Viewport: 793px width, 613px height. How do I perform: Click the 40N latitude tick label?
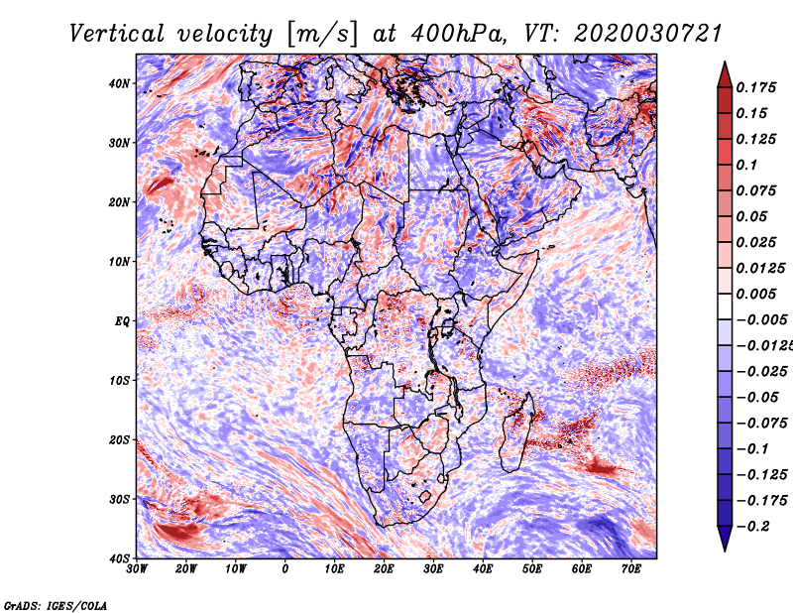point(119,83)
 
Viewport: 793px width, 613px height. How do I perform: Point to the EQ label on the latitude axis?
point(122,321)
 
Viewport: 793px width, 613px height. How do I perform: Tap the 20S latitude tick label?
point(119,439)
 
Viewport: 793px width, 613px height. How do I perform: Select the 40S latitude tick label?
point(119,558)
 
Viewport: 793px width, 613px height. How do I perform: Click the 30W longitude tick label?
point(137,569)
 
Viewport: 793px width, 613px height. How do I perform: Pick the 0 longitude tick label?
point(285,569)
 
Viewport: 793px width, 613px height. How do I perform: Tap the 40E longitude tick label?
point(483,569)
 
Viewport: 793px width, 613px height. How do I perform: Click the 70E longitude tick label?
point(631,569)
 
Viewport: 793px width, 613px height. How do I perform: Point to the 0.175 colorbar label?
point(755,87)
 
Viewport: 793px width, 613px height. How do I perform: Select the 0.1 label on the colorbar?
point(746,165)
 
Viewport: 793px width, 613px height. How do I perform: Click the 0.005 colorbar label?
point(755,294)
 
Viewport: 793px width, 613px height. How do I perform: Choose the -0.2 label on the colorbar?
point(752,527)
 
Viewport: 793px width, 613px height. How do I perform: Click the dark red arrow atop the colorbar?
point(725,75)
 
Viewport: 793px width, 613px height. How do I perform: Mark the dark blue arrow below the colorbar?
point(725,539)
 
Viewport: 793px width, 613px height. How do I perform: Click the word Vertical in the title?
point(116,35)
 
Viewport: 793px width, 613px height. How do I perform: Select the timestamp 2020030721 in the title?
point(647,35)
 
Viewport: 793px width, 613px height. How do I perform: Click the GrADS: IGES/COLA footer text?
point(56,605)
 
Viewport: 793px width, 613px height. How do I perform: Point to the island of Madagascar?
point(516,431)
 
